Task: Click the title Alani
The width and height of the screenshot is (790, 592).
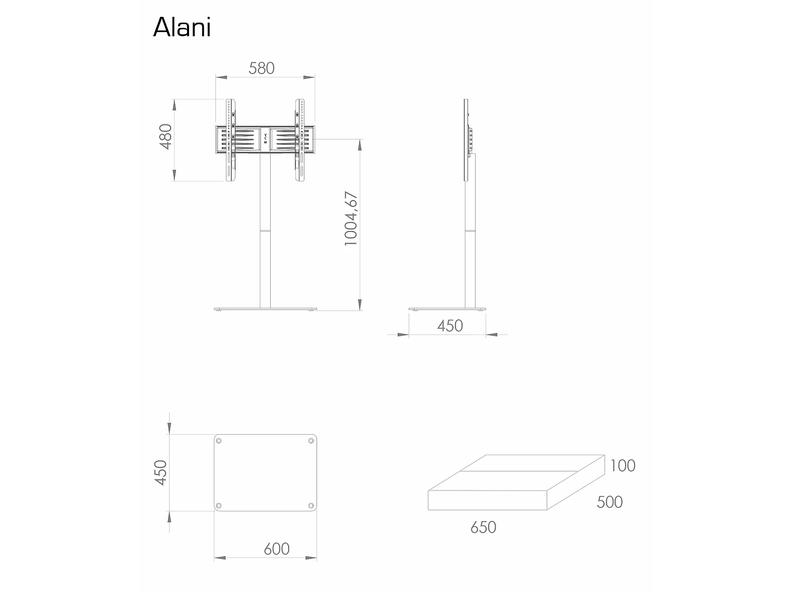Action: (x=182, y=27)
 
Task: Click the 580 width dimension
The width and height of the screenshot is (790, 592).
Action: (x=261, y=68)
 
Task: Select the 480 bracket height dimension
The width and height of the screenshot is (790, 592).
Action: (x=166, y=137)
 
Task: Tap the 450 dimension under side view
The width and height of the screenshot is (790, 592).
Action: (x=450, y=326)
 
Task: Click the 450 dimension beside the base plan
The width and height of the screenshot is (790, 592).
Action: (x=160, y=473)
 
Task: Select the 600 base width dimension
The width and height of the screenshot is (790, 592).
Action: (x=276, y=549)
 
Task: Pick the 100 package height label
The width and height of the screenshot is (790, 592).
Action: (x=623, y=466)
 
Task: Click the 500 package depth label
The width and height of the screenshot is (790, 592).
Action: (x=609, y=502)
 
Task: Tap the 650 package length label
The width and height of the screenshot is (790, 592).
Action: (x=483, y=527)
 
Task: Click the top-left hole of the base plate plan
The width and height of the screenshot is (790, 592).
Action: (x=219, y=441)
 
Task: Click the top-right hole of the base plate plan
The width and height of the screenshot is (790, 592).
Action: (x=311, y=441)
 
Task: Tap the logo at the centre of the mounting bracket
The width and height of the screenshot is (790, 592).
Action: (x=265, y=139)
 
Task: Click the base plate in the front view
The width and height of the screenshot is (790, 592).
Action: (x=265, y=309)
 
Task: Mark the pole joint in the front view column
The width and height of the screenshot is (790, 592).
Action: (x=265, y=230)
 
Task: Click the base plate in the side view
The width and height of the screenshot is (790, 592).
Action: (x=448, y=309)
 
